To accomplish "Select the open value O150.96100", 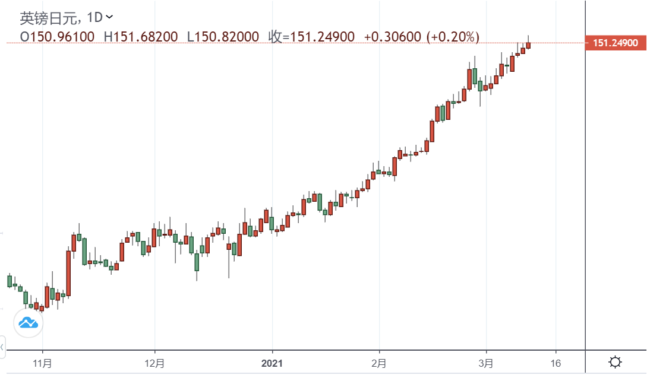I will coord(57,37).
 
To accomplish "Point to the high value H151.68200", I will coord(141,37).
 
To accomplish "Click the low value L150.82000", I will coord(223,37).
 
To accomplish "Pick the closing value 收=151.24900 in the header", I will coord(311,37).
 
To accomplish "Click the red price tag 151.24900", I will coord(615,43).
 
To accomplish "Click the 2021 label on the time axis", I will coord(272,363).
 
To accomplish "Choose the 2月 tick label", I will coord(379,363).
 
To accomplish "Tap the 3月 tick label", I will coord(486,363).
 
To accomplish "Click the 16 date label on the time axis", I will coord(556,363).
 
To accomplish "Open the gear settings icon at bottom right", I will coord(616,362).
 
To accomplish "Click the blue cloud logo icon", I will coord(28,323).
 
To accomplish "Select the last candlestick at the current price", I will coord(528,45).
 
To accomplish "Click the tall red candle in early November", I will coord(68,272).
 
